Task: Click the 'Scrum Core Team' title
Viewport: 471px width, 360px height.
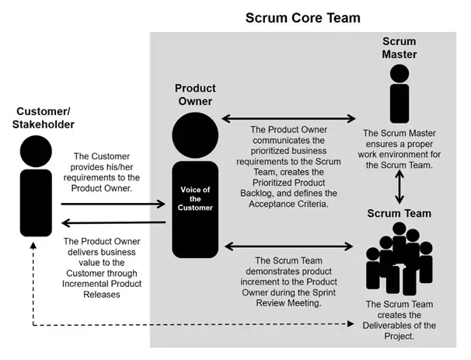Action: tap(303, 18)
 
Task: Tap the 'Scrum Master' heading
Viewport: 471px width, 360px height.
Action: tap(399, 47)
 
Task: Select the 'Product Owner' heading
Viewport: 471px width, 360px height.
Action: tap(195, 95)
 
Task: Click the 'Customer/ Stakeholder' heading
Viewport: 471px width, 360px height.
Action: tap(44, 117)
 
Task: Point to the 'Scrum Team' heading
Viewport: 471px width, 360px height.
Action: tap(399, 213)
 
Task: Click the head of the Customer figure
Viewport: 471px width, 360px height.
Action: tap(36, 151)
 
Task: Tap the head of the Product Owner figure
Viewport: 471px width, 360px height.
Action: tap(195, 135)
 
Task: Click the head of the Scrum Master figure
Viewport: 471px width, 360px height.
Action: tap(399, 73)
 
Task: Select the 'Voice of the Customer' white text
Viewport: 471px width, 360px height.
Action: tap(195, 198)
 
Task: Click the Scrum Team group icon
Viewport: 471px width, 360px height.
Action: tap(399, 259)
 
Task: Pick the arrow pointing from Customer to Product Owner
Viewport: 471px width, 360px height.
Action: tap(113, 204)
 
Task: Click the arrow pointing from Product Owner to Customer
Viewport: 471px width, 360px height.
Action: tap(113, 222)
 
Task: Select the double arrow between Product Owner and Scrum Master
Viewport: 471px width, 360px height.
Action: tap(288, 118)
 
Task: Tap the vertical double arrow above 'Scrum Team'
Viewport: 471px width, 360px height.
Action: tap(399, 187)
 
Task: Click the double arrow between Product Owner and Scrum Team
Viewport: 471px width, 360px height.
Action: tap(288, 246)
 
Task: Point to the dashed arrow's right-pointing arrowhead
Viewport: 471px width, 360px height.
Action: tap(351, 323)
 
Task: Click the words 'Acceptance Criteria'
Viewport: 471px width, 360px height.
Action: tap(288, 204)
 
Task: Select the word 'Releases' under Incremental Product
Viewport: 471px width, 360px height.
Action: tap(102, 295)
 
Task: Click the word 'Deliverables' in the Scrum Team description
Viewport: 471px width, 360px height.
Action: tap(386, 326)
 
